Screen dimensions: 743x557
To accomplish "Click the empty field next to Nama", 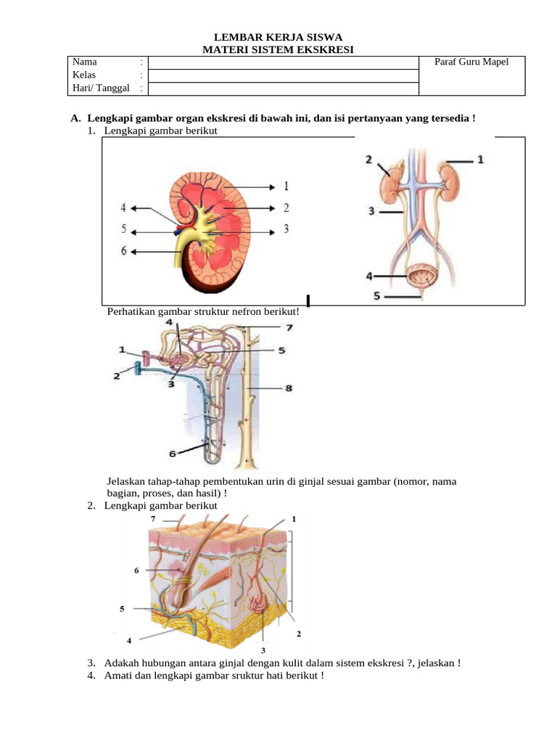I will click(x=283, y=62).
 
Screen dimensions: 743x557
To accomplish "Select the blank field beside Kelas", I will click(x=283, y=75).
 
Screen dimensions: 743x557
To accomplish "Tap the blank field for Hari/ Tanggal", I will click(x=283, y=89).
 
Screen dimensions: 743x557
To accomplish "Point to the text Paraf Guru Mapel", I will click(x=471, y=62).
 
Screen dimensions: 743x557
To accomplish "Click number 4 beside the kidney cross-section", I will click(x=123, y=208).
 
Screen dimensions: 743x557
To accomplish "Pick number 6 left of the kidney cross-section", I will click(x=123, y=251).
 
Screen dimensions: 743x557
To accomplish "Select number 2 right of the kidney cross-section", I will click(x=286, y=208).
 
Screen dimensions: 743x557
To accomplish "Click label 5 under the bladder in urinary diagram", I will click(x=377, y=295).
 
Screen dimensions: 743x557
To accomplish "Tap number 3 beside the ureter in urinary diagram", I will click(x=370, y=211).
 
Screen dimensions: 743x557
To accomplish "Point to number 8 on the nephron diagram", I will click(x=288, y=388).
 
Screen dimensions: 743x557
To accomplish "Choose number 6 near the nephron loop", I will click(x=173, y=453).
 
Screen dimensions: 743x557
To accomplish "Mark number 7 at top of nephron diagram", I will click(x=289, y=327).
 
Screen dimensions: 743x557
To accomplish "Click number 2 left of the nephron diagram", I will click(x=117, y=375).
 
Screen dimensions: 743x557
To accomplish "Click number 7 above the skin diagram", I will click(x=152, y=520).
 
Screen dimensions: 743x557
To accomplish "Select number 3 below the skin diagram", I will click(x=263, y=650).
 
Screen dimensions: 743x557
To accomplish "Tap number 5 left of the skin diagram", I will click(x=122, y=609).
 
